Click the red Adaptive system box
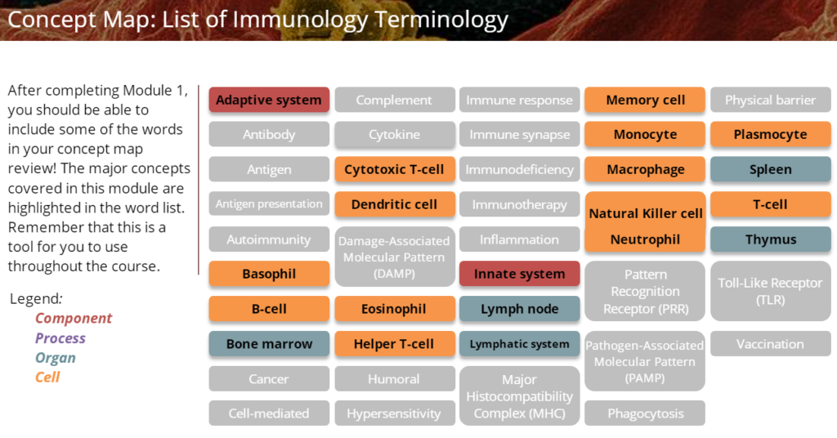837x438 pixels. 269,100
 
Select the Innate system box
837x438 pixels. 519,274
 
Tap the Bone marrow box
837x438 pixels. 269,344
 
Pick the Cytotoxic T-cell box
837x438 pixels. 394,169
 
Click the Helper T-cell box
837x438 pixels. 394,344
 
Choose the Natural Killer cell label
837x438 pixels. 645,213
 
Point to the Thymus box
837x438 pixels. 770,239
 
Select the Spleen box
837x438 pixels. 770,169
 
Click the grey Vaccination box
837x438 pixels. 770,344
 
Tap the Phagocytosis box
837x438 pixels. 645,413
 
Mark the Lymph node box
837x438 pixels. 519,309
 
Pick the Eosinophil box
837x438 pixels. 394,309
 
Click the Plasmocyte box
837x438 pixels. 770,134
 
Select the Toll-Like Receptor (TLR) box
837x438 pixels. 770,291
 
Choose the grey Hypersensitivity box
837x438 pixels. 394,413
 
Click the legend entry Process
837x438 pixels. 60,338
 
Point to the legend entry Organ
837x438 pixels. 56,358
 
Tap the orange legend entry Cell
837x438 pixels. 47,378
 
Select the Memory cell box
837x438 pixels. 645,100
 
